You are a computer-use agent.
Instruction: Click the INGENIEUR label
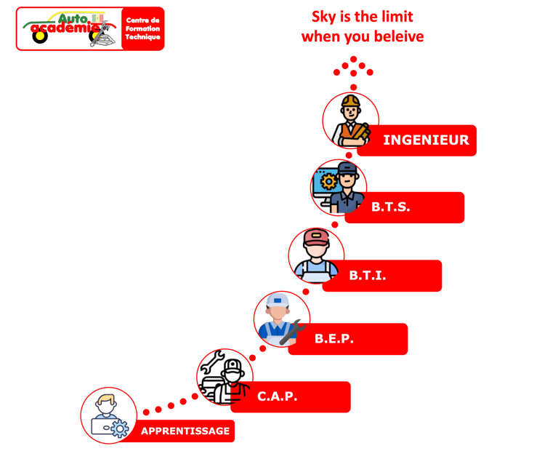tap(426, 140)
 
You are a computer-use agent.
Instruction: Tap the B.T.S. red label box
tap(404, 207)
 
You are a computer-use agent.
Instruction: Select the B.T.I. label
tap(381, 276)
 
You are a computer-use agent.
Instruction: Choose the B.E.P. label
tap(347, 339)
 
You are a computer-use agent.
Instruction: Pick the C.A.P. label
tap(290, 397)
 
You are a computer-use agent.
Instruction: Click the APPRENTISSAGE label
tap(185, 431)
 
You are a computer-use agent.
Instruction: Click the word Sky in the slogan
tap(322, 17)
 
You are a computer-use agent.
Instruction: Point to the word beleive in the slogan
tap(398, 36)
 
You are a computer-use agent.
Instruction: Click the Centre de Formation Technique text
tap(142, 28)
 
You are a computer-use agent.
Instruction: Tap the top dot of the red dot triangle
tap(353, 59)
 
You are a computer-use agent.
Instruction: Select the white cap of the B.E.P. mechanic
tap(278, 300)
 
